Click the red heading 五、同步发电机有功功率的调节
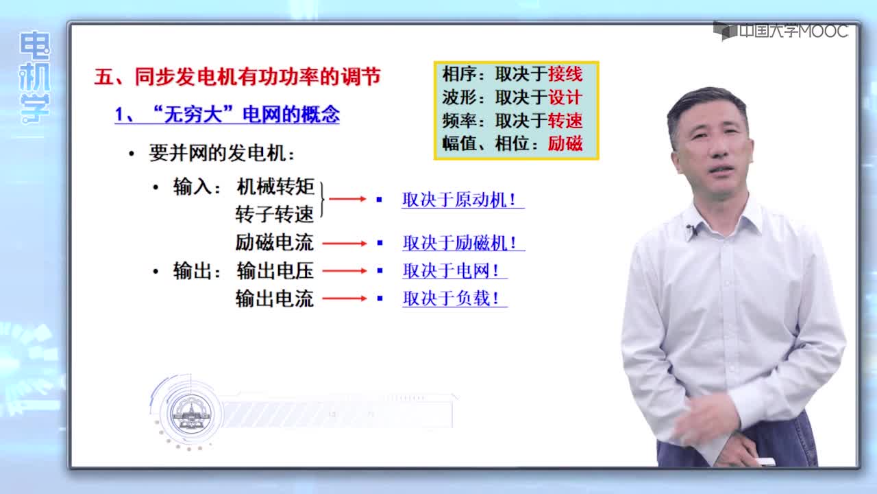[x=237, y=76]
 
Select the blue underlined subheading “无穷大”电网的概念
[x=227, y=115]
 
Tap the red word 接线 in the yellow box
[x=565, y=74]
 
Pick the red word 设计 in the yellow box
[x=565, y=97]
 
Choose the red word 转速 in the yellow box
[x=565, y=120]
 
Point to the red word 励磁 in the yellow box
[x=565, y=143]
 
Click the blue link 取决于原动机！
[x=462, y=200]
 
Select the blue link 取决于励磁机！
[x=464, y=243]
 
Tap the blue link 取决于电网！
[x=454, y=270]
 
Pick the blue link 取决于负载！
[x=454, y=298]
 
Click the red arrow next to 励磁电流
[x=345, y=244]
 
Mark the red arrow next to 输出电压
[x=345, y=271]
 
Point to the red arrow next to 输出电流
[x=345, y=298]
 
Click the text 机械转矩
[x=275, y=187]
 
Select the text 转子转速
[x=275, y=215]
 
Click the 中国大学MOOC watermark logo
[x=780, y=31]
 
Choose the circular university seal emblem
[x=191, y=414]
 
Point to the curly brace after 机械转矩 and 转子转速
[x=322, y=200]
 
